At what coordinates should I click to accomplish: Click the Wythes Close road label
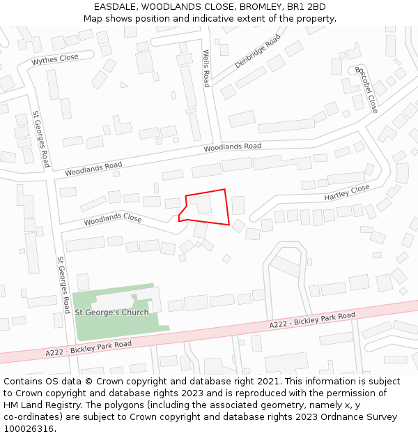[55, 59]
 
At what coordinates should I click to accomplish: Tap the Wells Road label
[206, 68]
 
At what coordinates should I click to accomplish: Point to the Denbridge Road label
[258, 51]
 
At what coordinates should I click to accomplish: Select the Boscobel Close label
[366, 90]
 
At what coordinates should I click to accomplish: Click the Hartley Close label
[347, 193]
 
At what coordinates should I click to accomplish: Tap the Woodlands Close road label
[113, 219]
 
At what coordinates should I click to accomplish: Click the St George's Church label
[111, 312]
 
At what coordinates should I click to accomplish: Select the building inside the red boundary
[201, 204]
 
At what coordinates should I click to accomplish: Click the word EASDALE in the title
[115, 7]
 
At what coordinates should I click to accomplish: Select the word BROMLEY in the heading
[261, 7]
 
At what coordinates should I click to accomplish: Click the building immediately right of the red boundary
[238, 205]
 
